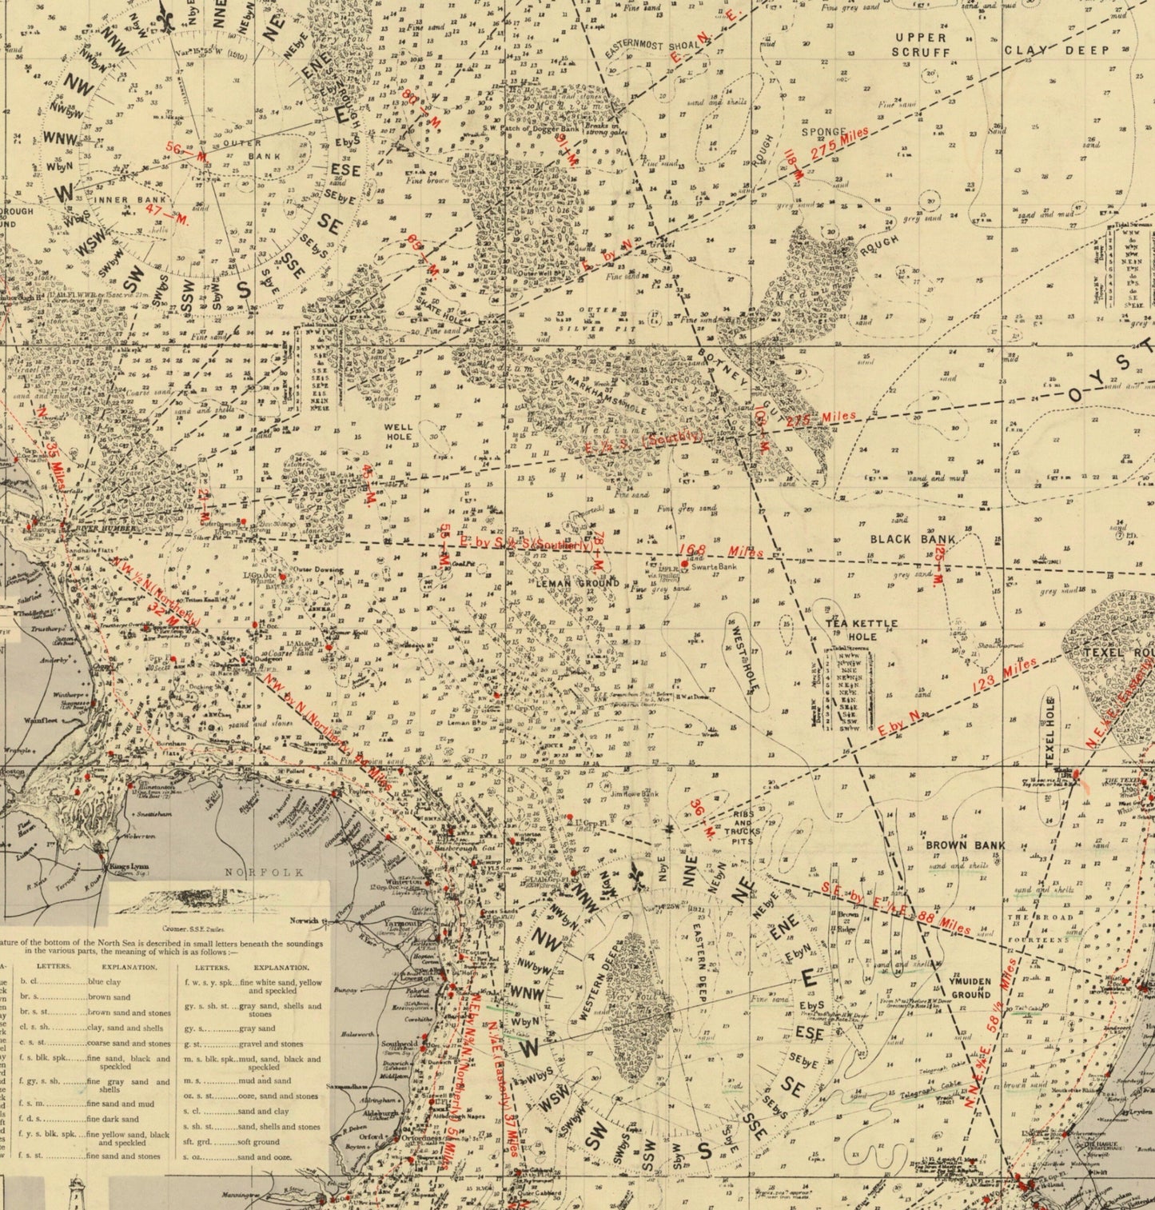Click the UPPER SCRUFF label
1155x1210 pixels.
point(921,45)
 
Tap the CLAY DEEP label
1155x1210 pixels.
point(1056,50)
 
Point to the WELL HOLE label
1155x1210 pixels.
point(398,432)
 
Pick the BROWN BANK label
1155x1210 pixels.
point(965,845)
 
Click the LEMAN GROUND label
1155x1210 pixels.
point(577,584)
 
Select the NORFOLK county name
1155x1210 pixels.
point(265,873)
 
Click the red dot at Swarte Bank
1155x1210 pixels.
point(684,564)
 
